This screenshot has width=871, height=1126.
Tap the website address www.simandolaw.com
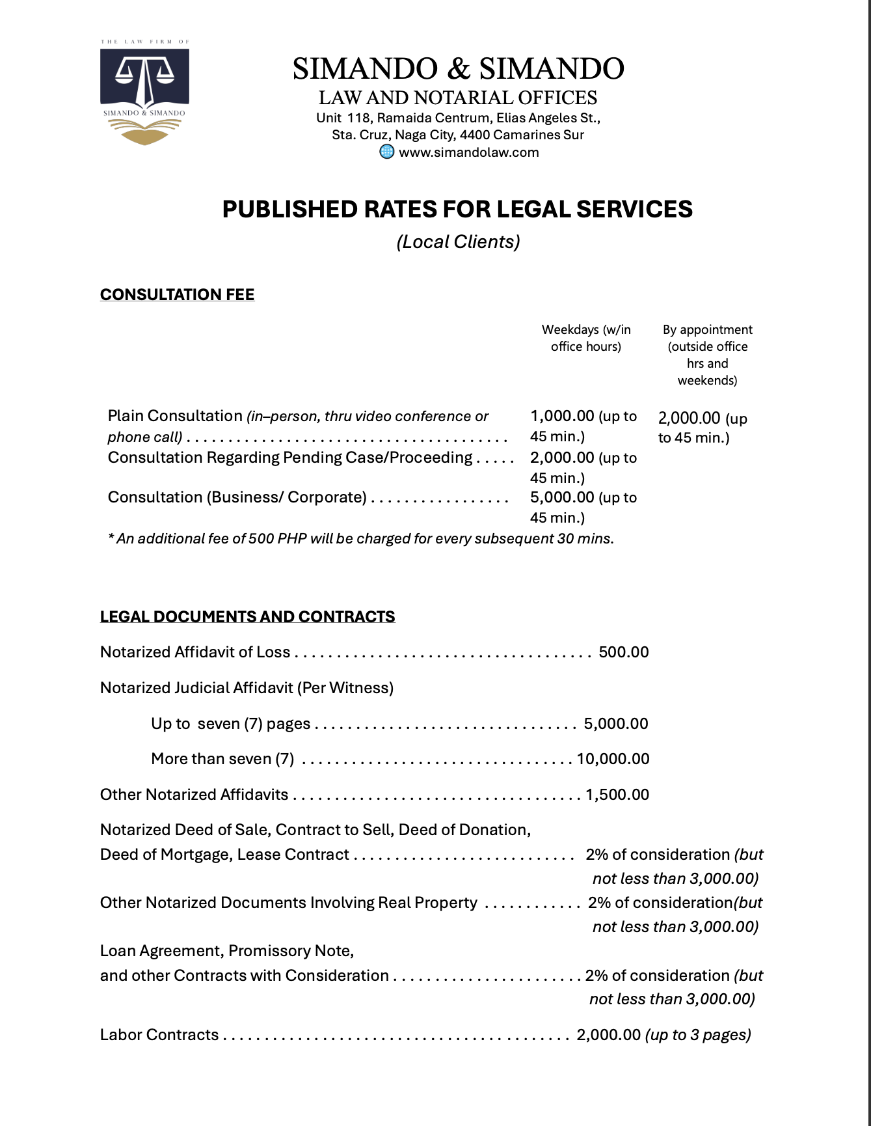468,152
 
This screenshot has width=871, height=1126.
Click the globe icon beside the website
387,152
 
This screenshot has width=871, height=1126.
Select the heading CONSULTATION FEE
177,295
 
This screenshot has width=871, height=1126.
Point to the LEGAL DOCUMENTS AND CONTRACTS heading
247,617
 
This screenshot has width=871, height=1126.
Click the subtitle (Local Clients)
458,242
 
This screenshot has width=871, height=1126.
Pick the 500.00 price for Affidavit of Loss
623,652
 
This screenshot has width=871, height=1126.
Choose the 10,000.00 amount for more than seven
613,759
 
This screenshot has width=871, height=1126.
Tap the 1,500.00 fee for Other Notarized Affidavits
617,795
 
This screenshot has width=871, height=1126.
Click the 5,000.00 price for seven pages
615,724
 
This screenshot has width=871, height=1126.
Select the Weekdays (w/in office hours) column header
586,338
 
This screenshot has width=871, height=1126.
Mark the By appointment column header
707,355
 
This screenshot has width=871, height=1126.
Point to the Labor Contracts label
159,1035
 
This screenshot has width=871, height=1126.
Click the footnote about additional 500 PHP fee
361,539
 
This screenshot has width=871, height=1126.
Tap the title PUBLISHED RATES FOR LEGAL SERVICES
457,210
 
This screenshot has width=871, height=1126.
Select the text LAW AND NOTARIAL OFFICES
457,98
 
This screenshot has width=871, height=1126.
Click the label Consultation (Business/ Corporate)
237,497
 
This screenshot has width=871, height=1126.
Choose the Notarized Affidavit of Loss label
195,652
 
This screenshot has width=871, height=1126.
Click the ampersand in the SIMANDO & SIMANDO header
458,69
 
